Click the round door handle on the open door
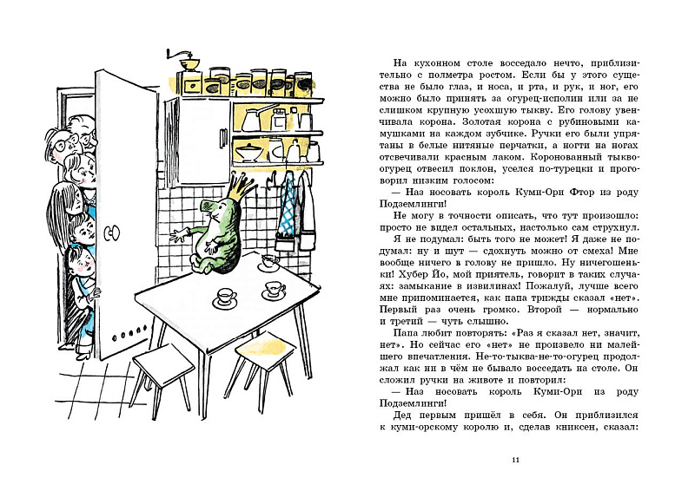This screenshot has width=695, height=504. pyautogui.click(x=109, y=233)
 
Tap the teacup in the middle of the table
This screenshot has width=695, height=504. pyautogui.click(x=226, y=298)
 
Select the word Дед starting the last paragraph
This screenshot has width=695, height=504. pyautogui.click(x=392, y=414)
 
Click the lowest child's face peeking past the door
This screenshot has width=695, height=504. pyautogui.click(x=78, y=260)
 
